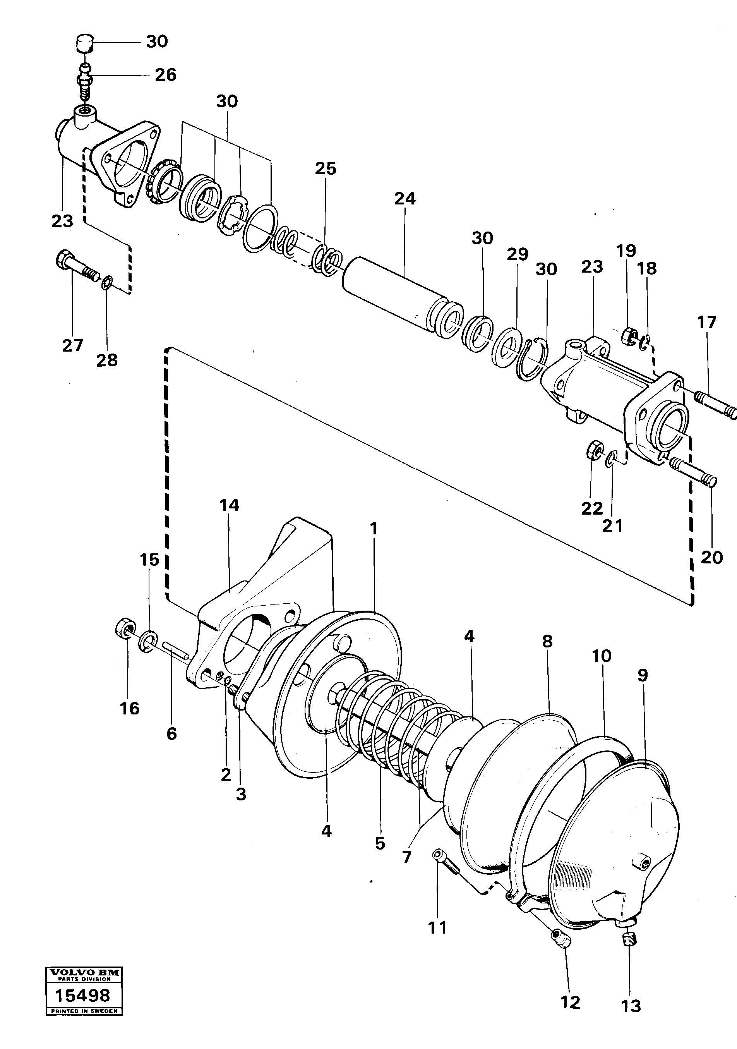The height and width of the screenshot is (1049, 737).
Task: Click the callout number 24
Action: tap(405, 199)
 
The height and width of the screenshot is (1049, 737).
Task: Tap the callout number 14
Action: tap(229, 505)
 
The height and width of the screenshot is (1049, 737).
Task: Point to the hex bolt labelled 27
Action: tap(78, 266)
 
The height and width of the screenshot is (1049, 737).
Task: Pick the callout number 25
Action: tap(325, 168)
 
